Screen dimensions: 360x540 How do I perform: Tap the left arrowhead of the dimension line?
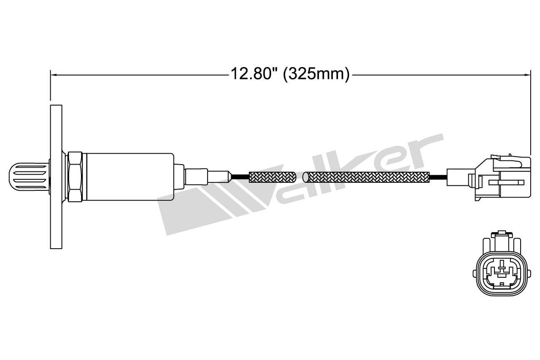(54, 75)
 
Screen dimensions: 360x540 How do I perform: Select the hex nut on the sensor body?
(74, 176)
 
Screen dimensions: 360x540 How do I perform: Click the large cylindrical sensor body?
(130, 176)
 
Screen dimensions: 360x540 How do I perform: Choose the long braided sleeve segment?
(367, 176)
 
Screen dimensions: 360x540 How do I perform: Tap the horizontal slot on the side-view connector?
(506, 182)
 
